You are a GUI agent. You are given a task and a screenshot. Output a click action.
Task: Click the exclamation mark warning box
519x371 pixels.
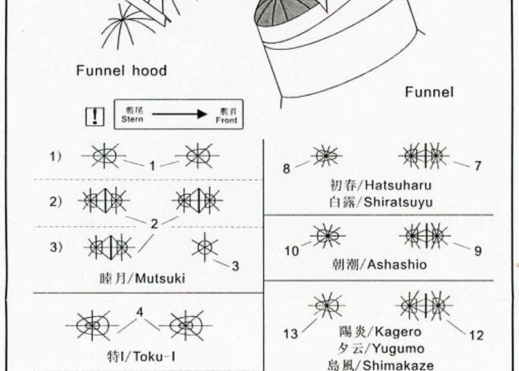[95, 116]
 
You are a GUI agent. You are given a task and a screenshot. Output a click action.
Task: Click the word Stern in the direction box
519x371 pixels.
[132, 119]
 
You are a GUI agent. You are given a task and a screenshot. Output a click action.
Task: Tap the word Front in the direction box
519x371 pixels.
[226, 120]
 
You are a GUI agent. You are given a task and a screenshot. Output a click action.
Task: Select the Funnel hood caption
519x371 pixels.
[121, 71]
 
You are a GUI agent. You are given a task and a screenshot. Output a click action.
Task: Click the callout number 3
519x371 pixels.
[235, 265]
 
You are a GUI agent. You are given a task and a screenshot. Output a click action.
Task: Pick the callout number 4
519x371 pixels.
[139, 312]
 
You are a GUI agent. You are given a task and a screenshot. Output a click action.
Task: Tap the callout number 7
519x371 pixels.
[478, 166]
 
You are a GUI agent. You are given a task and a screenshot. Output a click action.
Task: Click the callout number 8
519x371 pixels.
[286, 169]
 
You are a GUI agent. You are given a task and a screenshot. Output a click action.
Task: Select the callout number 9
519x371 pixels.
[478, 251]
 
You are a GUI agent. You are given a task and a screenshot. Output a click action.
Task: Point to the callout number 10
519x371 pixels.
[291, 251]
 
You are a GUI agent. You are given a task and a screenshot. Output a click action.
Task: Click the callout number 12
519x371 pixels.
[476, 335]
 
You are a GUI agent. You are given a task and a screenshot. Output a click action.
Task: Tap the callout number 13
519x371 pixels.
[290, 334]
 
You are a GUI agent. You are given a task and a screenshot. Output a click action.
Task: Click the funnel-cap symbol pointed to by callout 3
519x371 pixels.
[204, 246]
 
